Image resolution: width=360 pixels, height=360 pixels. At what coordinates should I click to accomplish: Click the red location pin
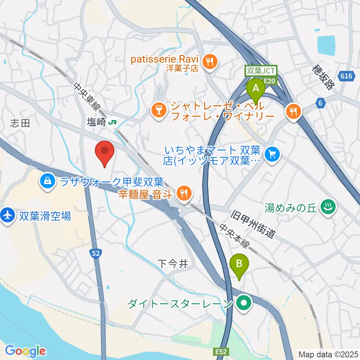[105, 152]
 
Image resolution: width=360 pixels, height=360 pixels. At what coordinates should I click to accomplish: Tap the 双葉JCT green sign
[261, 70]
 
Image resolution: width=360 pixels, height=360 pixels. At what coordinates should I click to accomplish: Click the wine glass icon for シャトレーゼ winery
[159, 110]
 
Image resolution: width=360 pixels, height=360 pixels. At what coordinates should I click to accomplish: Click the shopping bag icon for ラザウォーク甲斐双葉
[48, 182]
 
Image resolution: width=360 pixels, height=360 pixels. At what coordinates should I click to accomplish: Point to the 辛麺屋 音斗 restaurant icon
[183, 193]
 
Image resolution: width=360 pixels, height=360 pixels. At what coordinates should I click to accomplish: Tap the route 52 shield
[96, 254]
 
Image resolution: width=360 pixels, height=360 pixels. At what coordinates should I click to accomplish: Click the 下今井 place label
[172, 264]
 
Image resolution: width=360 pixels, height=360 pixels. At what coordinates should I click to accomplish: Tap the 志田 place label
[20, 123]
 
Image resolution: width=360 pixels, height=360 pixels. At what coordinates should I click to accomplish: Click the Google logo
[25, 351]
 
